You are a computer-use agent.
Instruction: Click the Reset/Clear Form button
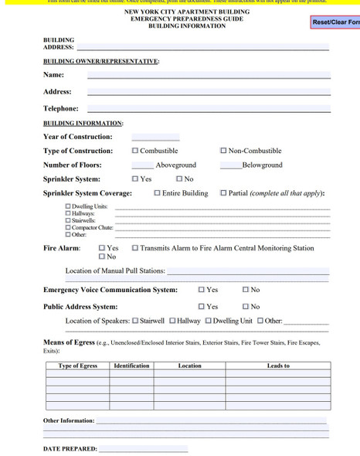pyautogui.click(x=335, y=22)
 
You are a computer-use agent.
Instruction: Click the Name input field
pyautogui.click(x=209, y=75)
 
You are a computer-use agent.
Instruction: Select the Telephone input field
pyautogui.click(x=209, y=109)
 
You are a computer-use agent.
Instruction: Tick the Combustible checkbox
pyautogui.click(x=136, y=151)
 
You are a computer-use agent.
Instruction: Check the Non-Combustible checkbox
pyautogui.click(x=224, y=151)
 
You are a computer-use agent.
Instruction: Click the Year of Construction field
pyautogui.click(x=155, y=137)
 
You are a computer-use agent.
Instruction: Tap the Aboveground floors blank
pyautogui.click(x=142, y=165)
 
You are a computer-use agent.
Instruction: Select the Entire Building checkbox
pyautogui.click(x=158, y=193)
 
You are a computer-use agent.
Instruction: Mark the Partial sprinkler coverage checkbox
pyautogui.click(x=224, y=193)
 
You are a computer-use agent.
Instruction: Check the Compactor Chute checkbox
pyautogui.click(x=68, y=228)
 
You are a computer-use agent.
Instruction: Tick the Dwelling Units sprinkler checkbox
pyautogui.click(x=68, y=207)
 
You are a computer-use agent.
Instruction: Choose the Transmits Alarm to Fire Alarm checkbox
pyautogui.click(x=135, y=248)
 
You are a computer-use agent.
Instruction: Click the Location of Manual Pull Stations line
pyautogui.click(x=247, y=271)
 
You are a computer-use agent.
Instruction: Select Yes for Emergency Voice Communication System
pyautogui.click(x=202, y=290)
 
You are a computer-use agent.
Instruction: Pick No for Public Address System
pyautogui.click(x=246, y=307)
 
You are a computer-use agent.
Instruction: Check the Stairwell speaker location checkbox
pyautogui.click(x=135, y=321)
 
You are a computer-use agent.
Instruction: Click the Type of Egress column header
pyautogui.click(x=77, y=366)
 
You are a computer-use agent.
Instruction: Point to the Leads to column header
pyautogui.click(x=278, y=366)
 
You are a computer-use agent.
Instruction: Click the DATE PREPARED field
pyautogui.click(x=143, y=448)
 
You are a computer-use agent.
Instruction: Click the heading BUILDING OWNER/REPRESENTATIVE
pyautogui.click(x=101, y=61)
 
